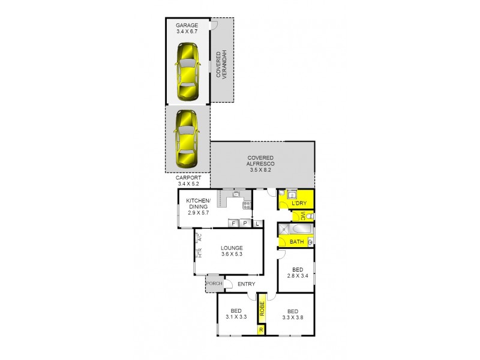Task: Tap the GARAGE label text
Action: [187, 25]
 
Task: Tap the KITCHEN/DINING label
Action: [199, 204]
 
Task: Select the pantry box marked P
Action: [245, 223]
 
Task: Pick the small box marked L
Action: [257, 223]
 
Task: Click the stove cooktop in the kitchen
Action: [246, 206]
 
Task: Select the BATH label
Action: [296, 242]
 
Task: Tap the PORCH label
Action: [214, 284]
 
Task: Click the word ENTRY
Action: [246, 284]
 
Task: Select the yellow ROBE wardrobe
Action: [262, 308]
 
